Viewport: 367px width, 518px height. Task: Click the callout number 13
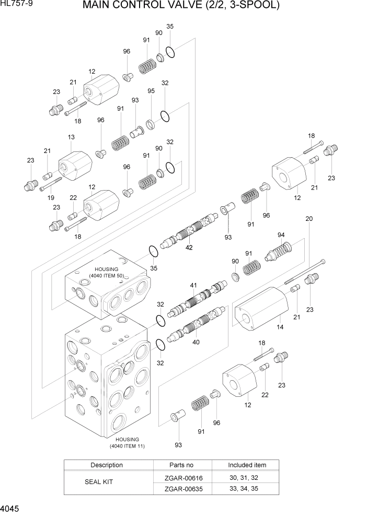click(71, 137)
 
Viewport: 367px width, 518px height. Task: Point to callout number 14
click(280, 327)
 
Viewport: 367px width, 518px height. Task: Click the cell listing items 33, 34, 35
click(247, 488)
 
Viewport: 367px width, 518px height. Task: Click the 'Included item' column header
click(247, 465)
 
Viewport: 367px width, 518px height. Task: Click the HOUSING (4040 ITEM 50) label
click(107, 272)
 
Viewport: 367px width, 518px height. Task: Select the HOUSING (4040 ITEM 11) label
click(127, 443)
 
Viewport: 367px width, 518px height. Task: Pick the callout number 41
click(193, 285)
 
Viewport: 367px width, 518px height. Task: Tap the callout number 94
click(281, 234)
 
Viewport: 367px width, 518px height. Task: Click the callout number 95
click(151, 91)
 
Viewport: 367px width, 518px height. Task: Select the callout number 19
click(51, 197)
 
